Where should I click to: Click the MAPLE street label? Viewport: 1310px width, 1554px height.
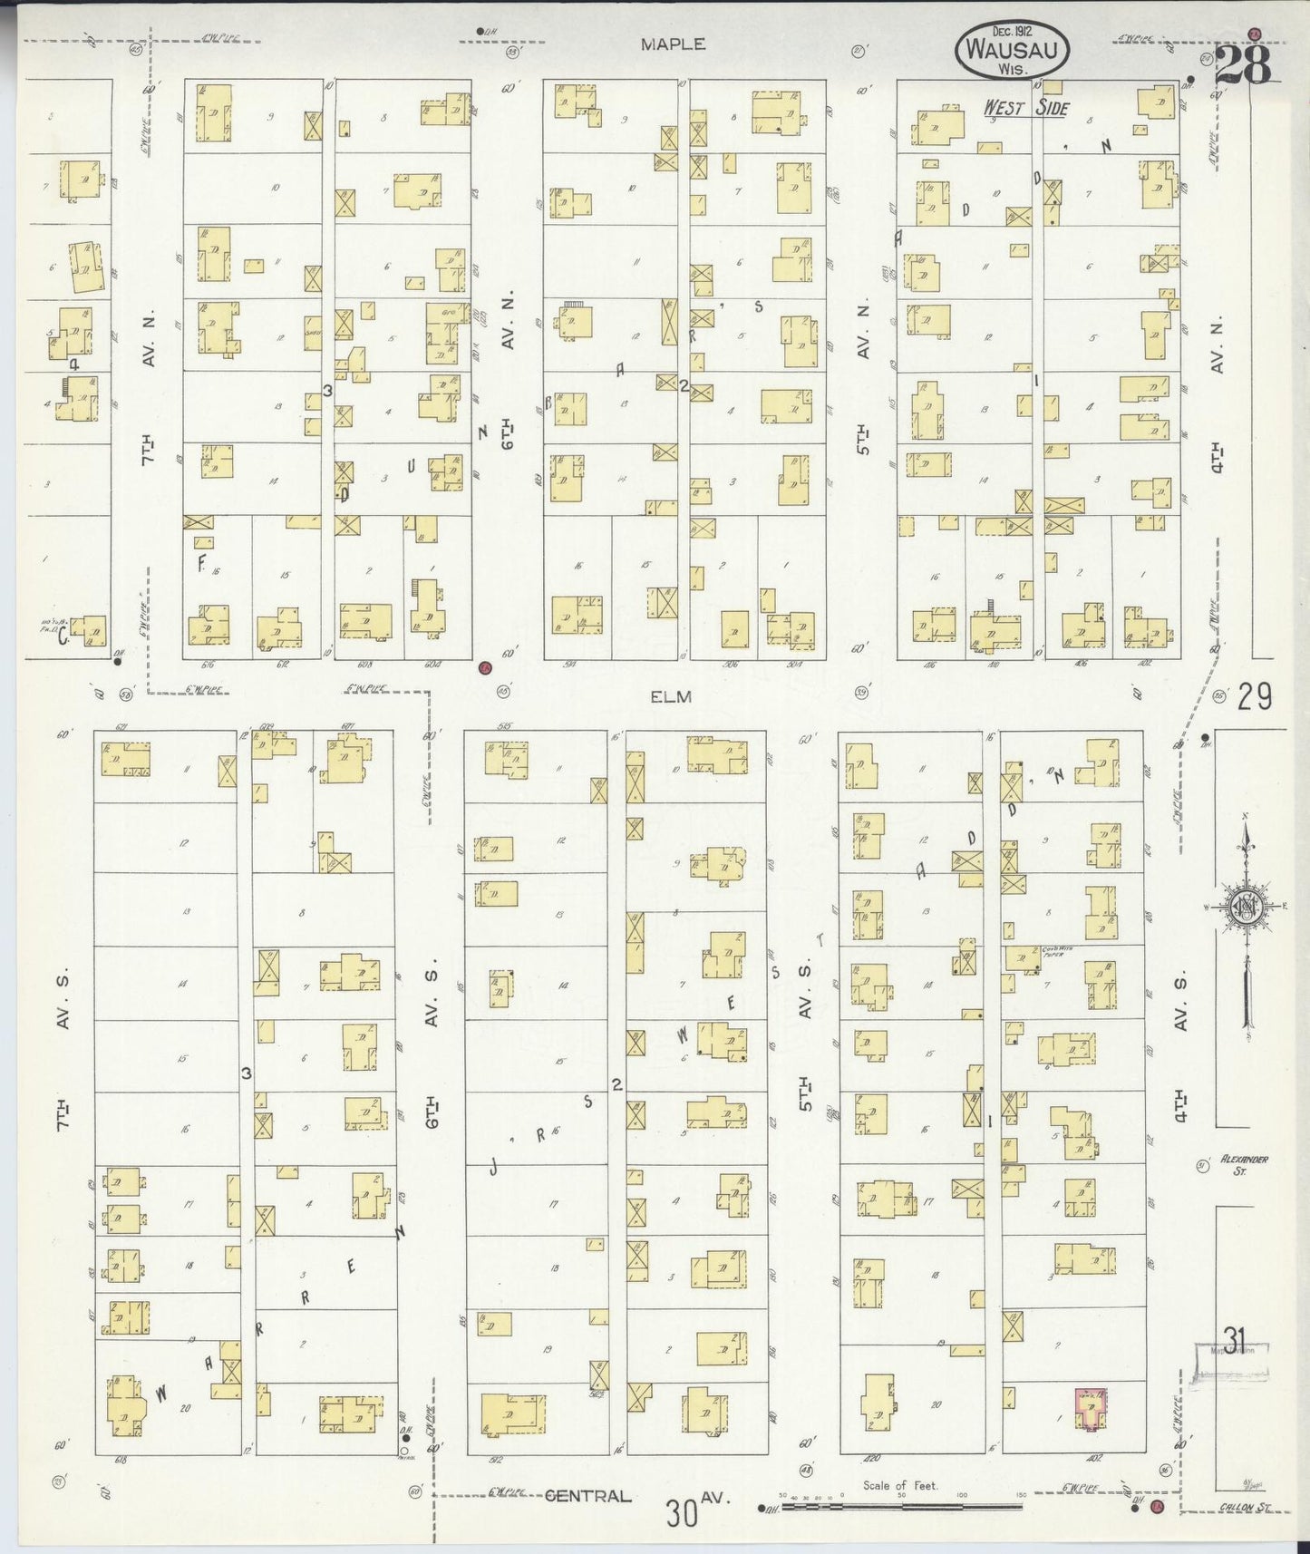click(x=672, y=44)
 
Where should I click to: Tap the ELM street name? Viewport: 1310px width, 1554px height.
click(x=671, y=696)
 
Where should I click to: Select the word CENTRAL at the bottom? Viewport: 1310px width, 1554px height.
click(x=587, y=1496)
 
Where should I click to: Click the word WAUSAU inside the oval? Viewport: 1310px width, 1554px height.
click(x=1011, y=51)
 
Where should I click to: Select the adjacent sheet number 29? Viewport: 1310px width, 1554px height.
click(x=1255, y=696)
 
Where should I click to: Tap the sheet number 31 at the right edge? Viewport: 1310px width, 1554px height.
click(x=1233, y=1337)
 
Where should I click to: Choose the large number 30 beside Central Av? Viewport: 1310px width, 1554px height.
click(x=683, y=1512)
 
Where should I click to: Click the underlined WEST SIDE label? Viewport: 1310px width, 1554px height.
click(x=1026, y=109)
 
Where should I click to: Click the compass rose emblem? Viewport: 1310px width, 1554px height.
click(x=1247, y=907)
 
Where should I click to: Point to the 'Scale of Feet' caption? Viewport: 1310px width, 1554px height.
click(x=900, y=1485)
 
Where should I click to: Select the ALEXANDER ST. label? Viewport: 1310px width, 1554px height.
click(x=1243, y=1164)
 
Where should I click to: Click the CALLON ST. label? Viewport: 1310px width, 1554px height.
click(x=1244, y=1508)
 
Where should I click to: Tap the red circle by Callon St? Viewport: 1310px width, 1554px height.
click(x=1157, y=1507)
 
